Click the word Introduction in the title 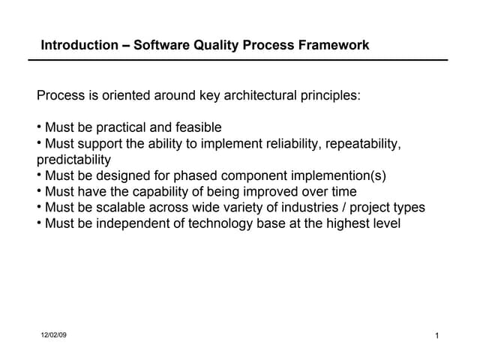tap(79, 45)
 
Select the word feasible tap(196, 127)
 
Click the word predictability tap(73, 160)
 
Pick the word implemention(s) tap(340, 176)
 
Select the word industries tap(306, 208)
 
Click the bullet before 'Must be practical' tap(39, 127)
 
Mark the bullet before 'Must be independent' tap(39, 223)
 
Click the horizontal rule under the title tap(243, 59)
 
